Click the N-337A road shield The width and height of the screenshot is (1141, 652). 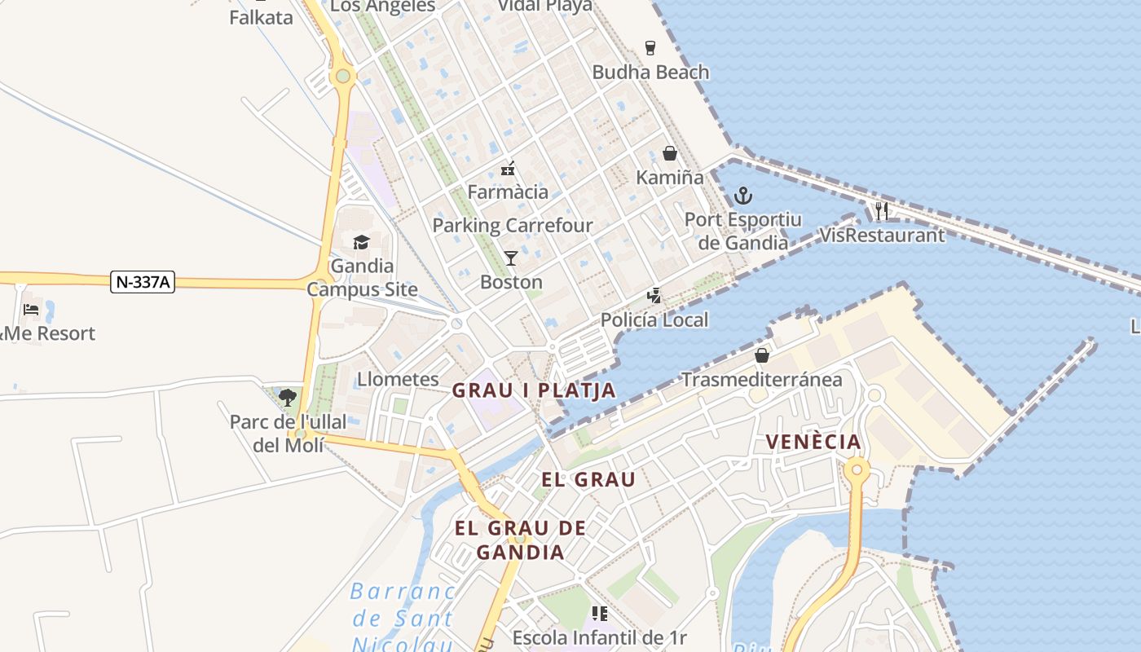click(143, 282)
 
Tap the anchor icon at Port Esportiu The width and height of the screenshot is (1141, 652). click(742, 196)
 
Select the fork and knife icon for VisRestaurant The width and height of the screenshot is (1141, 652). click(881, 211)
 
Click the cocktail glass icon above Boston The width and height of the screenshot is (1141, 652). click(511, 258)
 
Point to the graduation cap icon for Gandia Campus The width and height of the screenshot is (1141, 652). click(361, 242)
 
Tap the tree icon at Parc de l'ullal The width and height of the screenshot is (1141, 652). click(287, 398)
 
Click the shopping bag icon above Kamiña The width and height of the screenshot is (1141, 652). click(669, 153)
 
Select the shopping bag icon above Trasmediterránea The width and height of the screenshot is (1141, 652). click(761, 355)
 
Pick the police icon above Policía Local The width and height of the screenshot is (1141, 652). click(654, 296)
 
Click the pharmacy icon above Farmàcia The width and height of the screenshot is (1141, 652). click(508, 169)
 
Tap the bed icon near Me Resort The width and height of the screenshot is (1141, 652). click(31, 309)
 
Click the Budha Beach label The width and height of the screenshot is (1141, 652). click(650, 72)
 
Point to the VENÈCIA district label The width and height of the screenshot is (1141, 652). click(813, 443)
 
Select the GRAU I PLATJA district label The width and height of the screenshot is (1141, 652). click(534, 390)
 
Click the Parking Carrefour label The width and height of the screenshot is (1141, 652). click(513, 225)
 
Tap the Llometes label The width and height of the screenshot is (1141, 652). click(398, 379)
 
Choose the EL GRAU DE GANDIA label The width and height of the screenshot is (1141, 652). click(520, 540)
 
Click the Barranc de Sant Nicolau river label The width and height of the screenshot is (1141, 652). click(403, 618)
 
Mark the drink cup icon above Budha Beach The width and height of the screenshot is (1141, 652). click(650, 47)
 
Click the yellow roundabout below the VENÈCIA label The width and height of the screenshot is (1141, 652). click(857, 469)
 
